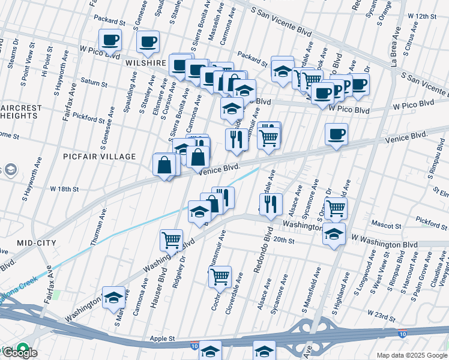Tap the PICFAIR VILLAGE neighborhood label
tap(100, 157)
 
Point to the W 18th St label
tap(65, 189)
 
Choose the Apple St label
tap(162, 338)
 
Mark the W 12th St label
tap(421, 16)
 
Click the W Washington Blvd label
tap(384, 245)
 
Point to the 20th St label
tap(282, 241)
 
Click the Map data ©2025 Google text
tap(412, 355)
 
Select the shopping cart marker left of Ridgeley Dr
tap(171, 240)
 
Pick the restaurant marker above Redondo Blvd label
tap(272, 203)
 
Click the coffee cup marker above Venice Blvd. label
tap(336, 134)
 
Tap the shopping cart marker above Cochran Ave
tap(220, 276)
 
